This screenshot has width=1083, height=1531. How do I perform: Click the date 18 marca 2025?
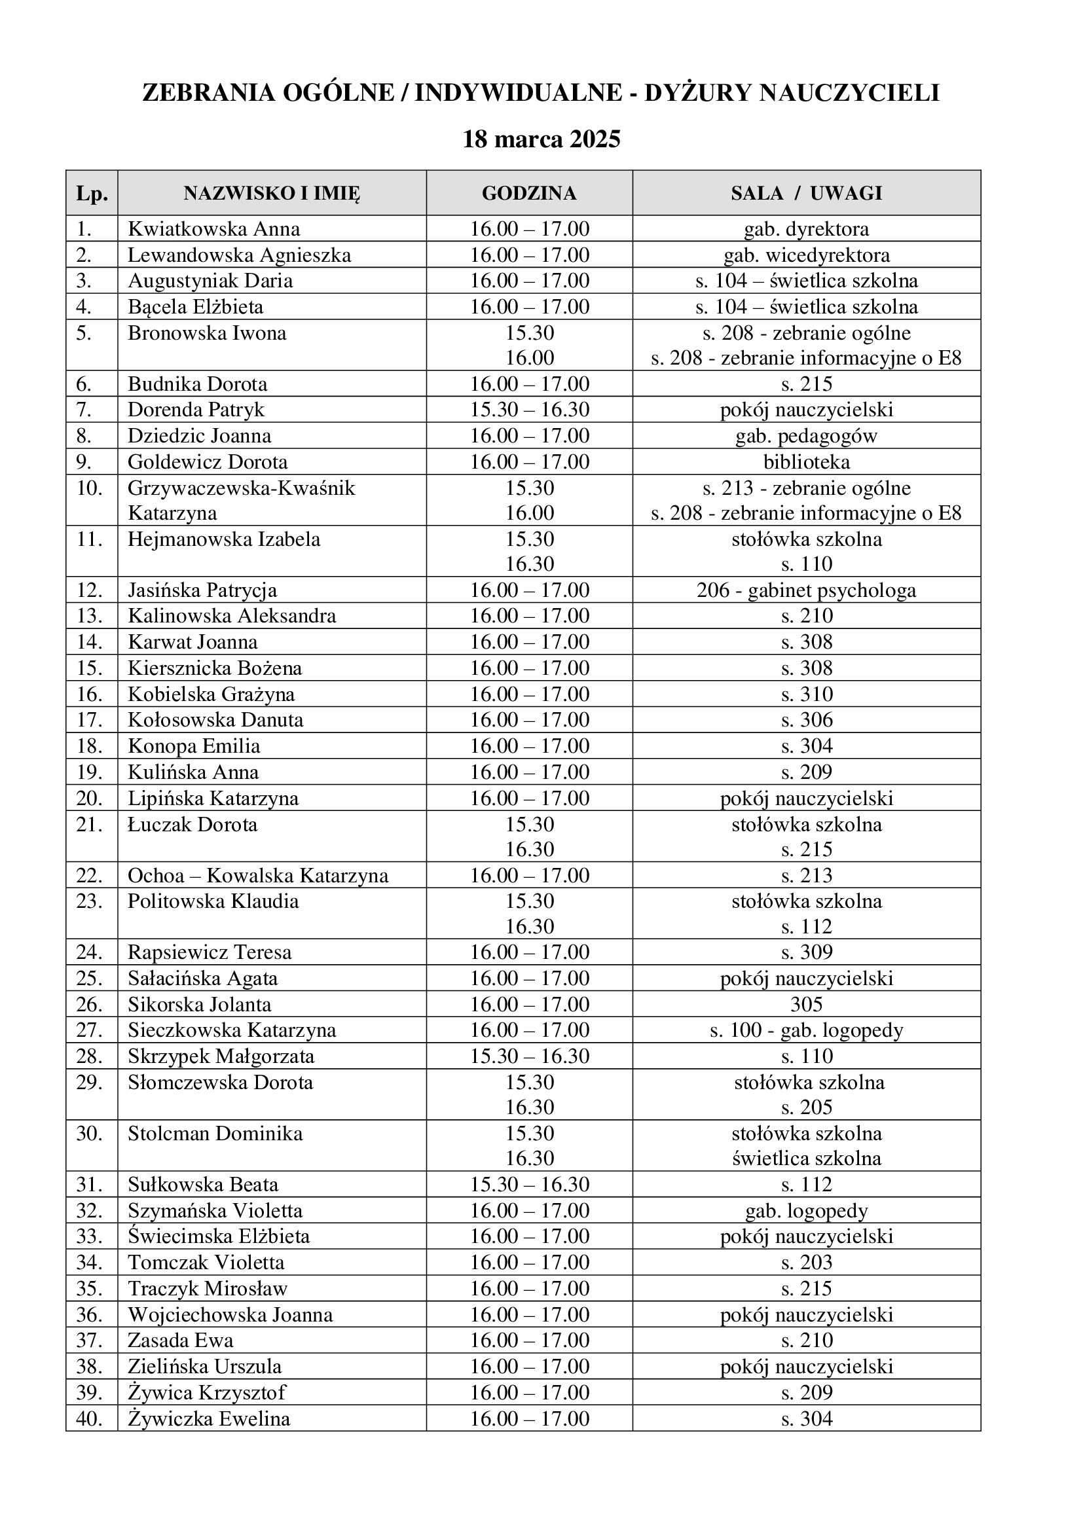coord(541,139)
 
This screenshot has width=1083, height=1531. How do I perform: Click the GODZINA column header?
coord(529,193)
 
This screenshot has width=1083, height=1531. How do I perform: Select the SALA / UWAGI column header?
coord(806,193)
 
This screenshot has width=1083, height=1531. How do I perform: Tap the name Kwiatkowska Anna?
coord(213,229)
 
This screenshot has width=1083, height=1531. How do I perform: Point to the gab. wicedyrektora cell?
coord(806,255)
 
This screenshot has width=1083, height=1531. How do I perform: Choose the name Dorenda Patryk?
coord(196,409)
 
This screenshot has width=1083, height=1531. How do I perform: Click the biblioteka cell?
coord(806,462)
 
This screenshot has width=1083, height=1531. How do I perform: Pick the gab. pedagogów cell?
coord(806,436)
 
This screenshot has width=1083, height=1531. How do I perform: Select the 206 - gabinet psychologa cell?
coord(806,591)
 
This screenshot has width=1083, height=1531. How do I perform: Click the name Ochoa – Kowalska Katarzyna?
coord(258,876)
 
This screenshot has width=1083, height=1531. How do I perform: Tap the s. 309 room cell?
coord(806,952)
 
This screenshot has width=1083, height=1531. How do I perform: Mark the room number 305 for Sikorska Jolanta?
coord(806,1004)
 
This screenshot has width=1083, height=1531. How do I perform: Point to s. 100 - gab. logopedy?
coord(806,1030)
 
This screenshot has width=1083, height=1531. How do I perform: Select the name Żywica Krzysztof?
coord(207,1393)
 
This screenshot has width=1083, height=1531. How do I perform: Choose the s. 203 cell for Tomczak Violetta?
coord(806,1263)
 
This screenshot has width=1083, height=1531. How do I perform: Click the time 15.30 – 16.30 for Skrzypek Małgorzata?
coord(530,1056)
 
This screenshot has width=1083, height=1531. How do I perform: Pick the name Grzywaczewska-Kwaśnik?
coord(242,488)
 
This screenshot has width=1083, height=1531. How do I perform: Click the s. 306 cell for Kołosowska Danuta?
coord(806,720)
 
